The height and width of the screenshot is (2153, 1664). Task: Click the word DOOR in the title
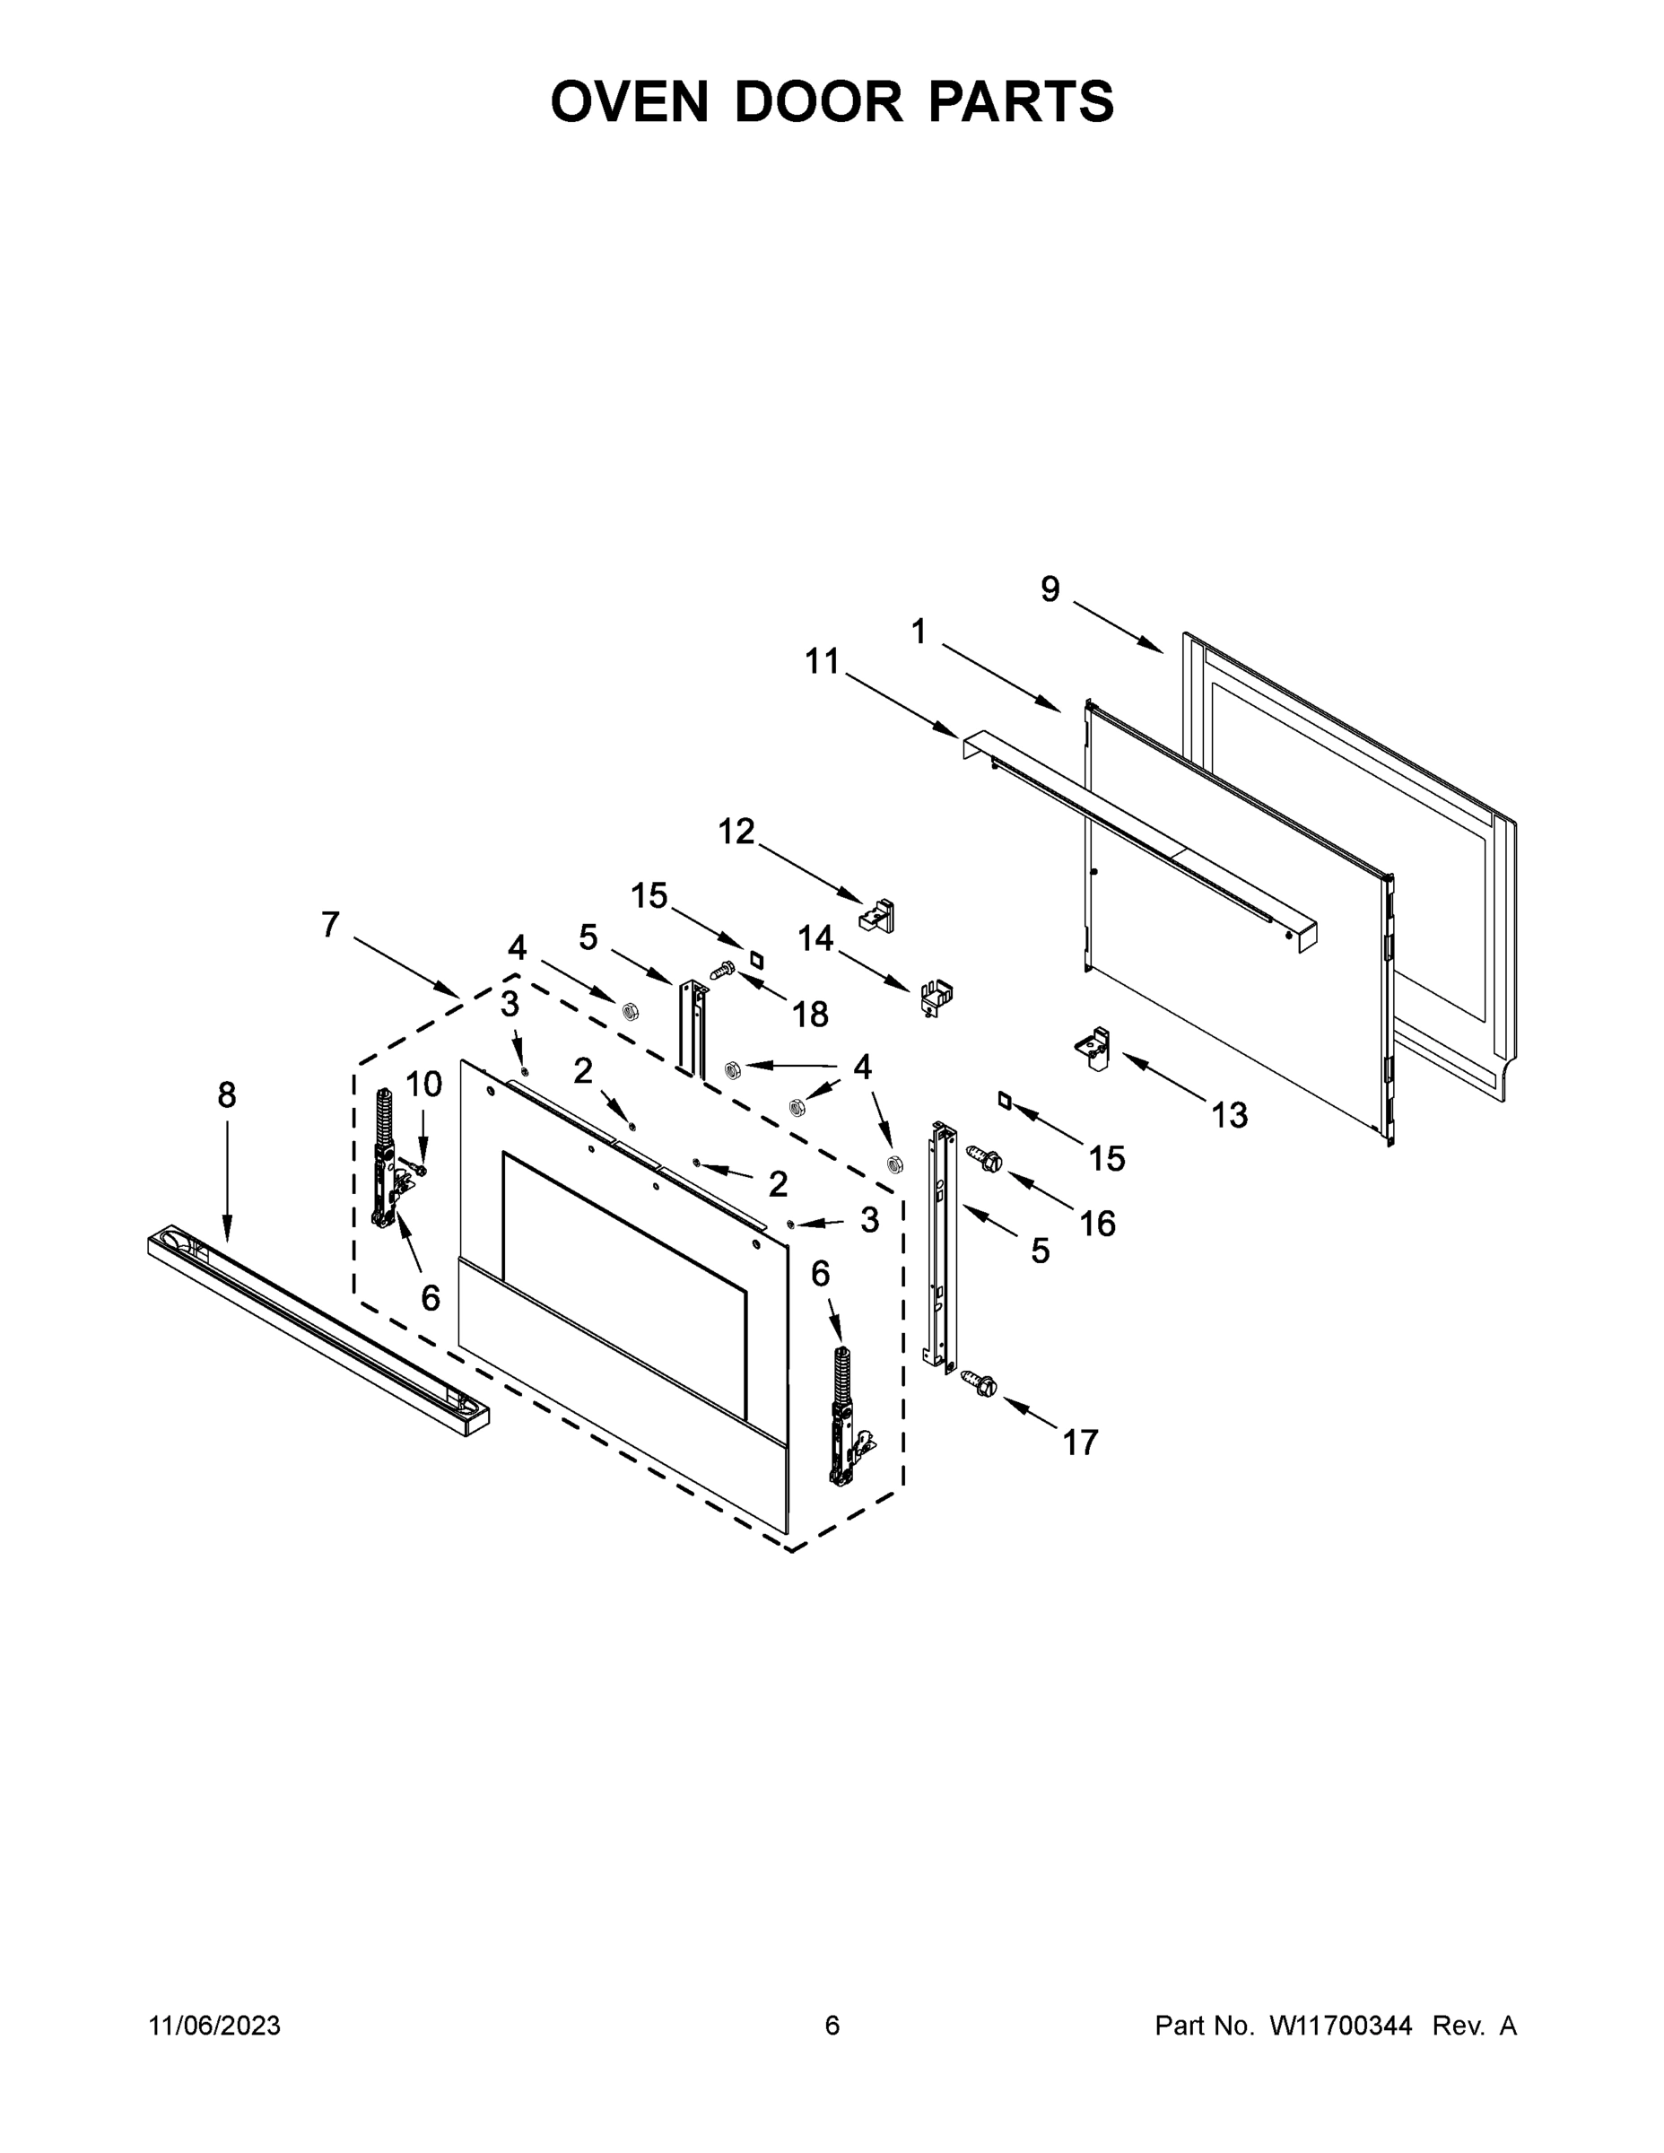coord(818,101)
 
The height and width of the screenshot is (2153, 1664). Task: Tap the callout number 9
coord(1050,589)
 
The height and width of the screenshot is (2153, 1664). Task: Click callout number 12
coord(736,831)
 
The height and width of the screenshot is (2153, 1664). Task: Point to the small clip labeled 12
coord(877,915)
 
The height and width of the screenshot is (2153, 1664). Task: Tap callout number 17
coord(1079,1443)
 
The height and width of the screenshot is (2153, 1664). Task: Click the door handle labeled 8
coord(316,1326)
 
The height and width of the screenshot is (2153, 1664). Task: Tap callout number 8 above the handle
coord(227,1094)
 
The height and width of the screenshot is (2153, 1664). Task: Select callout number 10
coord(424,1085)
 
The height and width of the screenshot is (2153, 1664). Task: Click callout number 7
coord(330,924)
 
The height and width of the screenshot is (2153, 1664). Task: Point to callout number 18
coord(810,1014)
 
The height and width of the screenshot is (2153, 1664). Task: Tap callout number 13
coord(1229,1115)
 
